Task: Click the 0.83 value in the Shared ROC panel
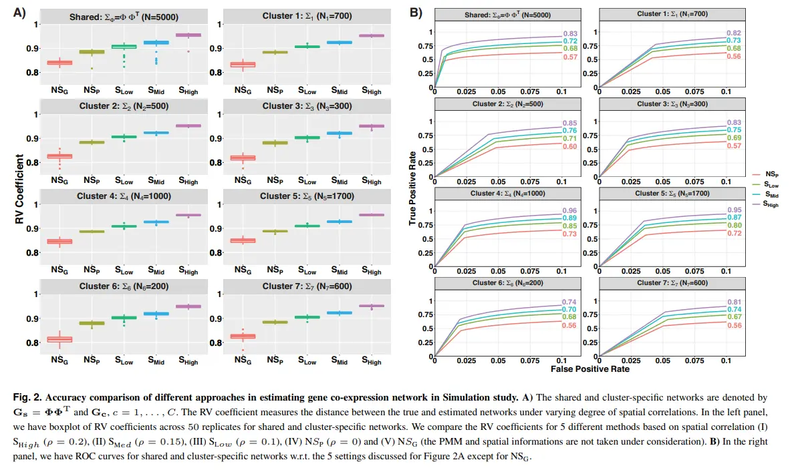coord(569,34)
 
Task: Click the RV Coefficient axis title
coord(19,189)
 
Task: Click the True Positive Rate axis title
coord(413,189)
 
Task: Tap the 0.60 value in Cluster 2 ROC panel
coord(569,146)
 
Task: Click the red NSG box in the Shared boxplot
coord(59,63)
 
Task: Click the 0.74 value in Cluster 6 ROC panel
coord(569,302)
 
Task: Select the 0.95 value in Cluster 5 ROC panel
coord(735,211)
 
